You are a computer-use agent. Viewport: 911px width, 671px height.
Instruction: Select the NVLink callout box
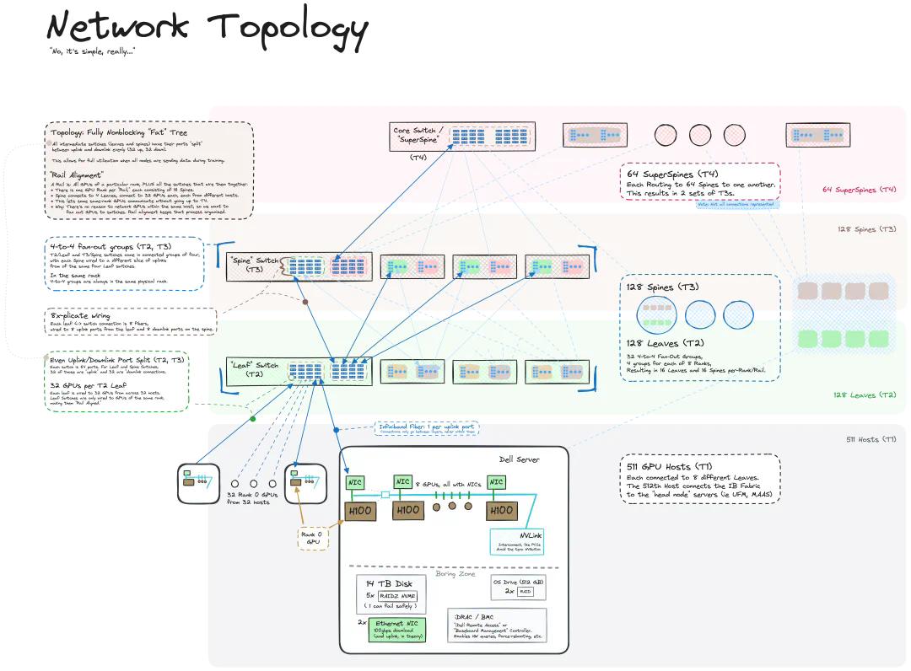519,543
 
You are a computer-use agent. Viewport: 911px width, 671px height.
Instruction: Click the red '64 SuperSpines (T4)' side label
859,190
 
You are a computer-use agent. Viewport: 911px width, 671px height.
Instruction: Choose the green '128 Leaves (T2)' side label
864,395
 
